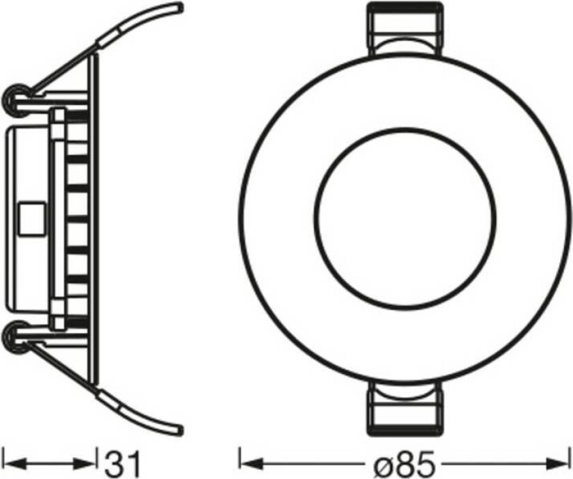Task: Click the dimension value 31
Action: [x=122, y=464]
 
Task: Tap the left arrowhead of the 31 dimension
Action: [x=10, y=464]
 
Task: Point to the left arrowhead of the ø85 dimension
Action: [x=245, y=464]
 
